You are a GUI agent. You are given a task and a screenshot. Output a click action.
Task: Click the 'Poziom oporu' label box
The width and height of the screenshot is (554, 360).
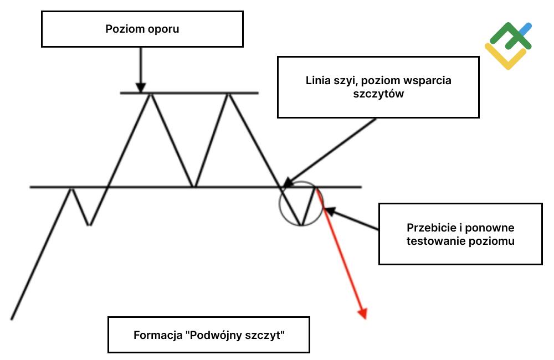tap(142, 29)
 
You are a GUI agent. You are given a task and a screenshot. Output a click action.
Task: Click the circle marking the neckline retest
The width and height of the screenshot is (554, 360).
tap(300, 203)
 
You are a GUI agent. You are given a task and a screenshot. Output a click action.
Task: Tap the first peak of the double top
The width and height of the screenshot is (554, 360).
tap(150, 94)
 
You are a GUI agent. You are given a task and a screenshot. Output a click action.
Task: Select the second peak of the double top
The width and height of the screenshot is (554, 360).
tap(228, 94)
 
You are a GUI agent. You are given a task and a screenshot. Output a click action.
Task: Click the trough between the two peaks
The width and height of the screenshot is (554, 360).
tap(193, 187)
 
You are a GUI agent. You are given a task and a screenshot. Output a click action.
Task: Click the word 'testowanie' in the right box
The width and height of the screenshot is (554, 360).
tap(432, 241)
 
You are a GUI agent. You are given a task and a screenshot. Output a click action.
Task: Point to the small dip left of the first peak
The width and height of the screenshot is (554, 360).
tap(89, 224)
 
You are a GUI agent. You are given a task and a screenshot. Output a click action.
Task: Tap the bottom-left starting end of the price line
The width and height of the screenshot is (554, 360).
tap(11, 319)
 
